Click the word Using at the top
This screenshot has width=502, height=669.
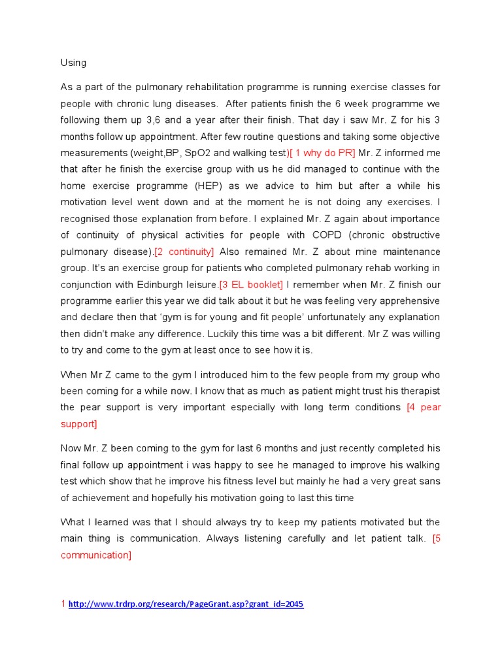point(73,63)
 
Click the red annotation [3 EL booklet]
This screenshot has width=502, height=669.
point(251,284)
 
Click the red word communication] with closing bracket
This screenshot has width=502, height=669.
point(96,555)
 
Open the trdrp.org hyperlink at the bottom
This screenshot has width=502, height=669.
point(186,604)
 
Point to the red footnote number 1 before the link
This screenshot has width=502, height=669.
point(63,604)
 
